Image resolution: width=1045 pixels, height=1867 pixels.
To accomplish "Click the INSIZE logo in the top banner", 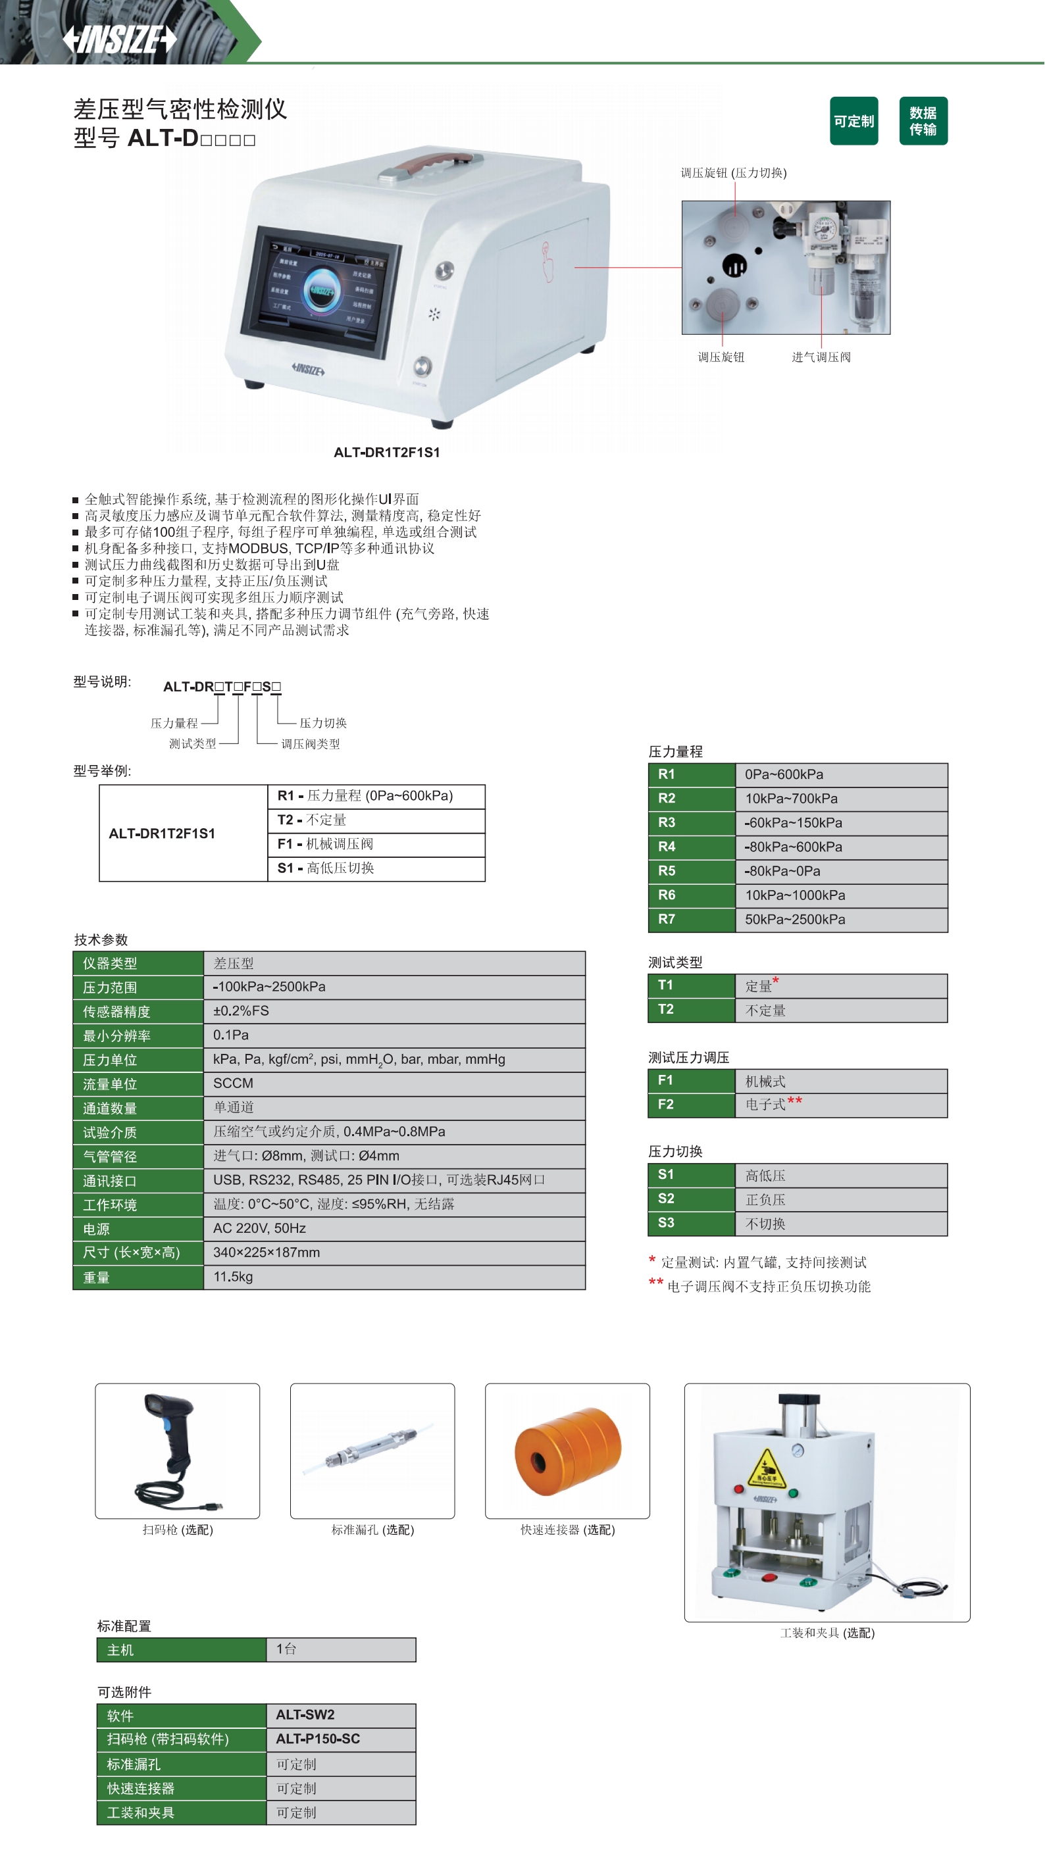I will (120, 39).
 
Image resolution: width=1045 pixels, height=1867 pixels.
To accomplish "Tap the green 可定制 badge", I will (854, 121).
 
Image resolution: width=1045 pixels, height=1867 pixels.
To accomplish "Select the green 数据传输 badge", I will (923, 121).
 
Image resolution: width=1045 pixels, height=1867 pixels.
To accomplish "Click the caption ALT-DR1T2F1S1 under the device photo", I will (386, 452).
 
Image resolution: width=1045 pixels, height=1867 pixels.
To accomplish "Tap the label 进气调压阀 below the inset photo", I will (821, 357).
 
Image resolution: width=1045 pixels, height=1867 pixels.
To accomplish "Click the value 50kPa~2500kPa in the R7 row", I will (795, 919).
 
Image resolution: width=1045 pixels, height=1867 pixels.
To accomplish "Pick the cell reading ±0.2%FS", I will (241, 1010).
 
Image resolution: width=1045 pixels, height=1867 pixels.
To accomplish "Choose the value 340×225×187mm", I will (266, 1253).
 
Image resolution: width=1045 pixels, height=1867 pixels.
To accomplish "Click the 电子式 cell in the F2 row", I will (766, 1104).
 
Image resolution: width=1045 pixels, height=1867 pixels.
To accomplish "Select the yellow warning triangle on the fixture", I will (767, 1468).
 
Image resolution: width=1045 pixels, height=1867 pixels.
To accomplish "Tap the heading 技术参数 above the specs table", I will (101, 939).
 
